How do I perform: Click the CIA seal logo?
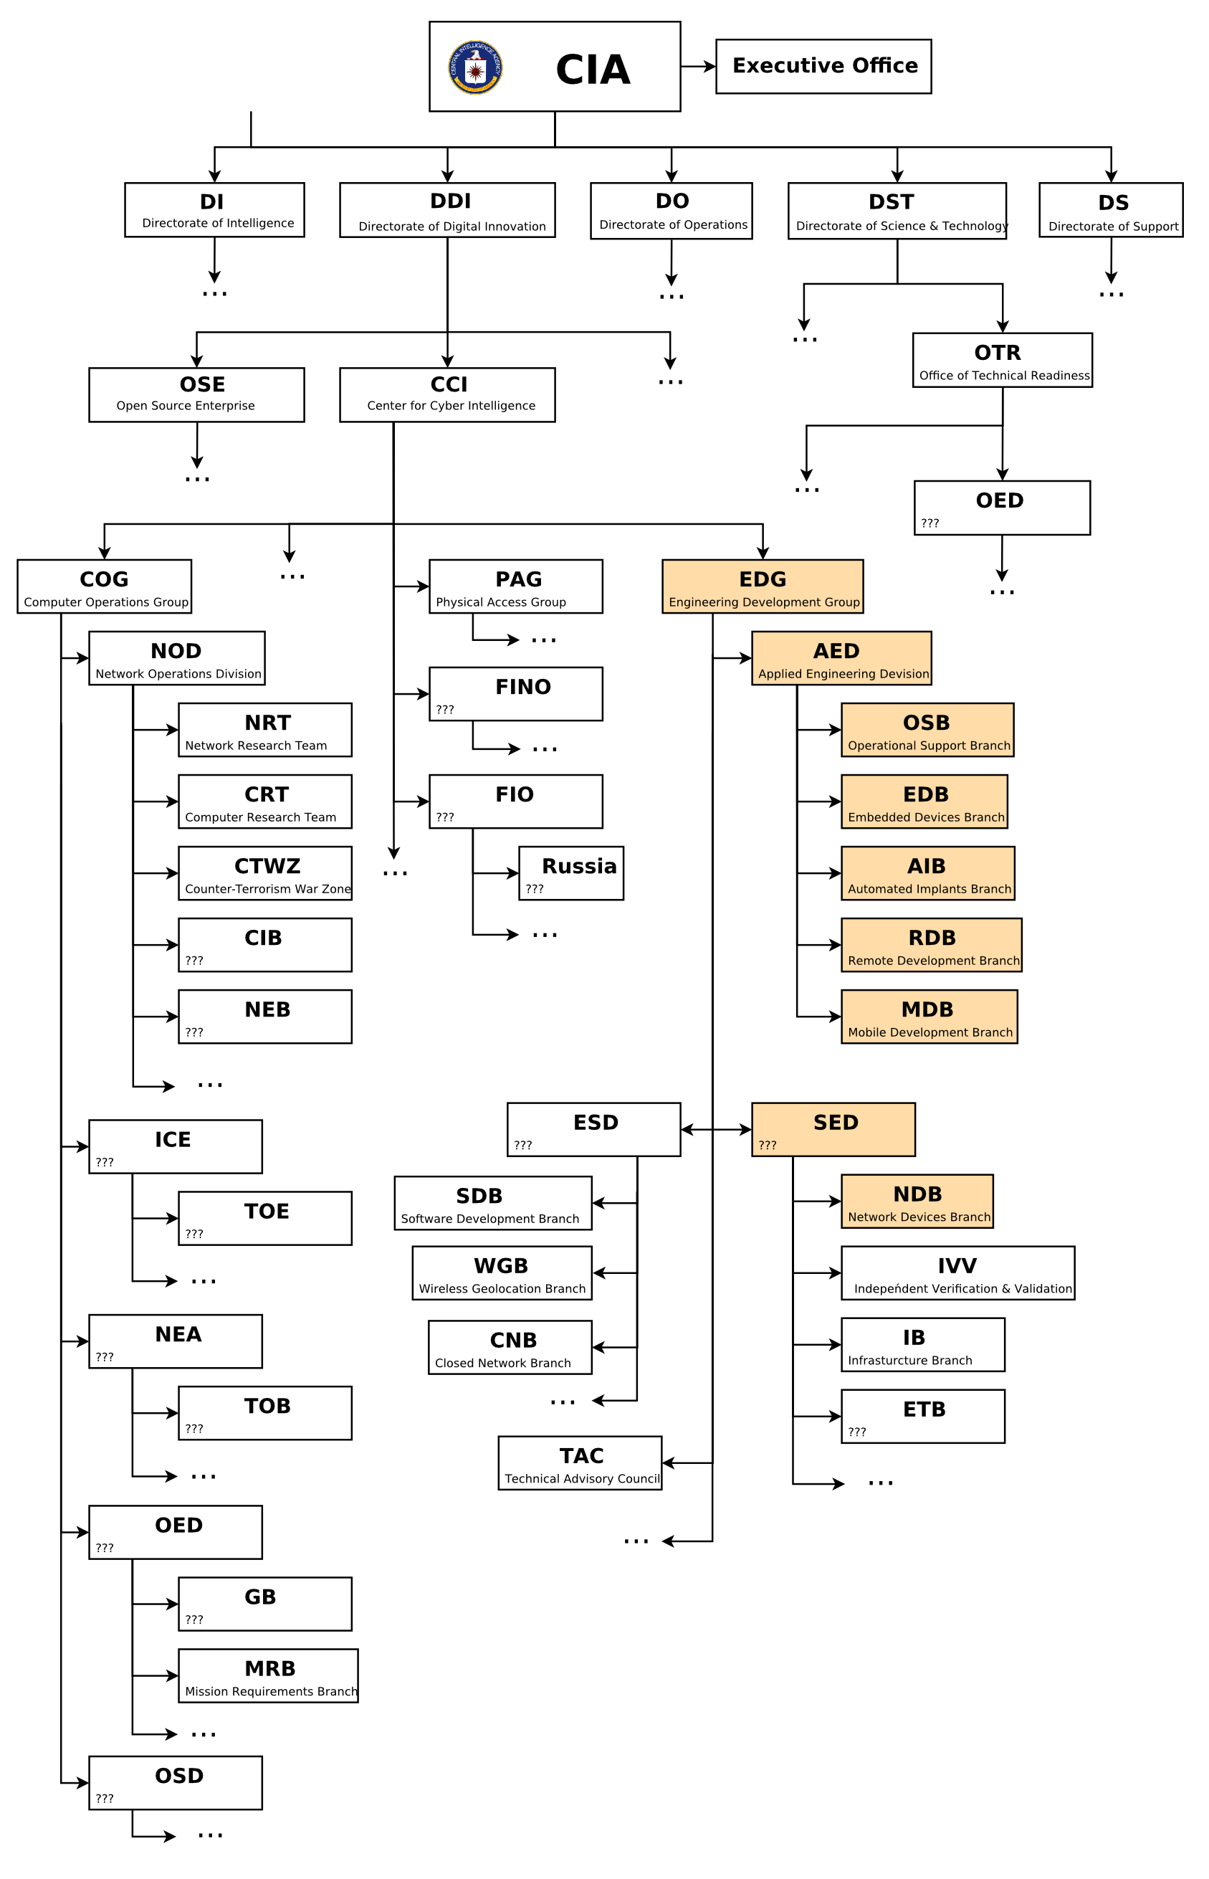click(475, 67)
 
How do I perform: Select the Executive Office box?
click(823, 66)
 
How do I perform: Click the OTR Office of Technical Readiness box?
click(1002, 361)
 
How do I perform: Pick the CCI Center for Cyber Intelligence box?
click(446, 395)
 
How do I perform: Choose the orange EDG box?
click(762, 586)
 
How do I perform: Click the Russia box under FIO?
click(570, 873)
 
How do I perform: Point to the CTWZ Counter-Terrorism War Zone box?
click(264, 873)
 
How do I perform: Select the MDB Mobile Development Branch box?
click(929, 1017)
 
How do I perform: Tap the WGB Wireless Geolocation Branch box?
click(502, 1274)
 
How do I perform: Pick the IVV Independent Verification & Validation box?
click(957, 1274)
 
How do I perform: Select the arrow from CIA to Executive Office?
click(697, 67)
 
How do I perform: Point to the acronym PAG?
click(518, 579)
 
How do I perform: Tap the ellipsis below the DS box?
click(1111, 295)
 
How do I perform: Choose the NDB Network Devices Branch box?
click(917, 1202)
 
